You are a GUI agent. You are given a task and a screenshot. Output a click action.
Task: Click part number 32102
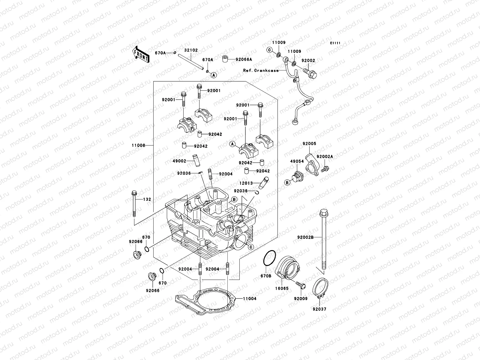pos(191,50)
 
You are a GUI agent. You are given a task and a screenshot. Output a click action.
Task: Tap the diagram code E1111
pos(335,43)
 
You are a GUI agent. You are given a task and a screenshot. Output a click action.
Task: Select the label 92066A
pos(244,59)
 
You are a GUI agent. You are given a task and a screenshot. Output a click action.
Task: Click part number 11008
pos(138,145)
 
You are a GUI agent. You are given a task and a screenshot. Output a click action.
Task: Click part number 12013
pos(246,183)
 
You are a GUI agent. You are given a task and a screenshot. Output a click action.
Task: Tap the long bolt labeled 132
pos(133,204)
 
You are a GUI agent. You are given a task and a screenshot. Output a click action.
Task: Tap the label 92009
pos(301,298)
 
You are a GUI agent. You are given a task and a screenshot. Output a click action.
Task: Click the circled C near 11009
pos(269,50)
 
